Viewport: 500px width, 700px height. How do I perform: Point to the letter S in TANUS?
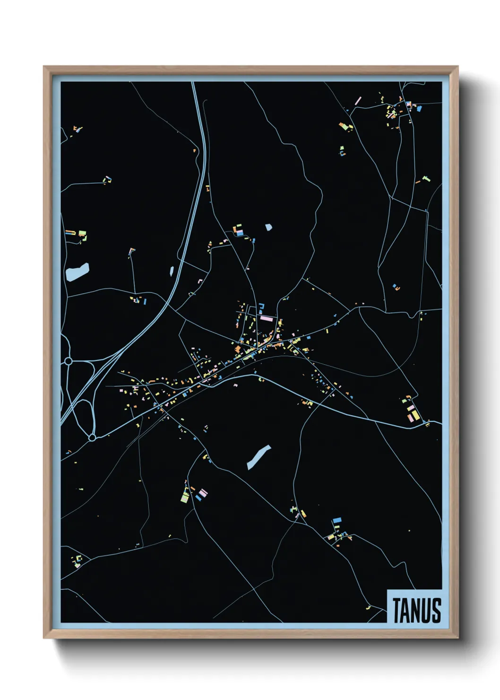tap(436, 610)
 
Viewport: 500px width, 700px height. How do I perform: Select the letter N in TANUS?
tap(416, 610)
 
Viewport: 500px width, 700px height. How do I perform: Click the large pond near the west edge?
tap(78, 271)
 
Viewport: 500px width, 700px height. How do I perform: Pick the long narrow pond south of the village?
tap(259, 457)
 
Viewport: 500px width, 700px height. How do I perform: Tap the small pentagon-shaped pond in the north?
tap(268, 227)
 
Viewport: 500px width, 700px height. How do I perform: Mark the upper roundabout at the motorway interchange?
tap(69, 361)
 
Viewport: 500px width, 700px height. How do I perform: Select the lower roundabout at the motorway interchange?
tap(92, 438)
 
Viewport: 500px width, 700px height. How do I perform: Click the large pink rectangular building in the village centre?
tap(267, 319)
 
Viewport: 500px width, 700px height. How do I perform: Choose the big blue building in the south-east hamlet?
tap(337, 520)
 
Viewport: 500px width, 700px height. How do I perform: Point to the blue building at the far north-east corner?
tap(419, 108)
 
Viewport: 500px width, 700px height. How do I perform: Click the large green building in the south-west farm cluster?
tap(185, 497)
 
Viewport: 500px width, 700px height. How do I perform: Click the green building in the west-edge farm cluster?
tap(83, 234)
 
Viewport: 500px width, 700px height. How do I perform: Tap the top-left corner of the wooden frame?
tap(44, 67)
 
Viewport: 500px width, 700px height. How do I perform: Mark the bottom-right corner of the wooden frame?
tap(457, 638)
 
